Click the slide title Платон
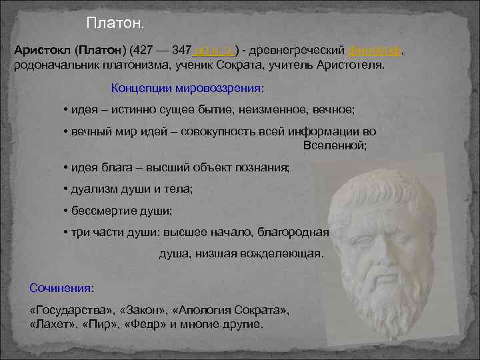pyautogui.click(x=115, y=24)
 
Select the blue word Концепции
pyautogui.click(x=139, y=88)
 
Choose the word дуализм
pyautogui.click(x=95, y=189)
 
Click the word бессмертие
pyautogui.click(x=99, y=211)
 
